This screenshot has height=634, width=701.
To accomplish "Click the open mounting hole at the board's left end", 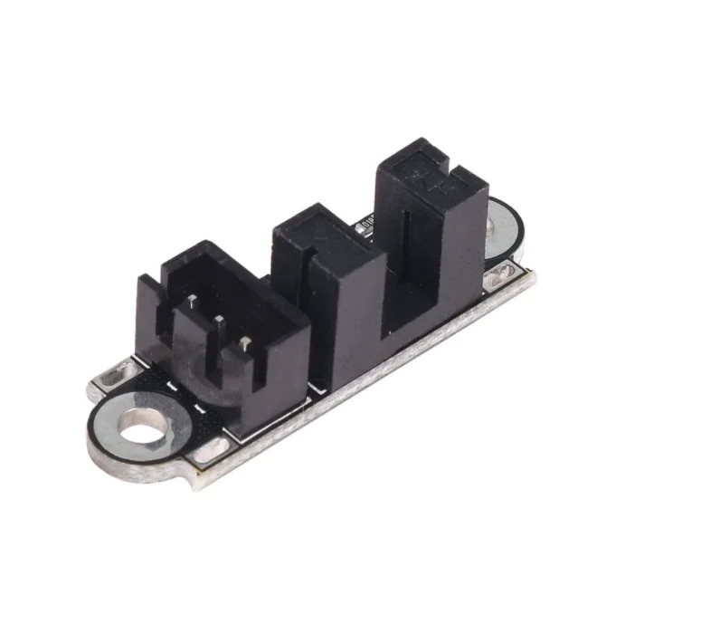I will pyautogui.click(x=142, y=426).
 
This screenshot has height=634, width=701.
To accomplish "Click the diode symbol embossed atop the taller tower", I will pyautogui.click(x=422, y=172).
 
